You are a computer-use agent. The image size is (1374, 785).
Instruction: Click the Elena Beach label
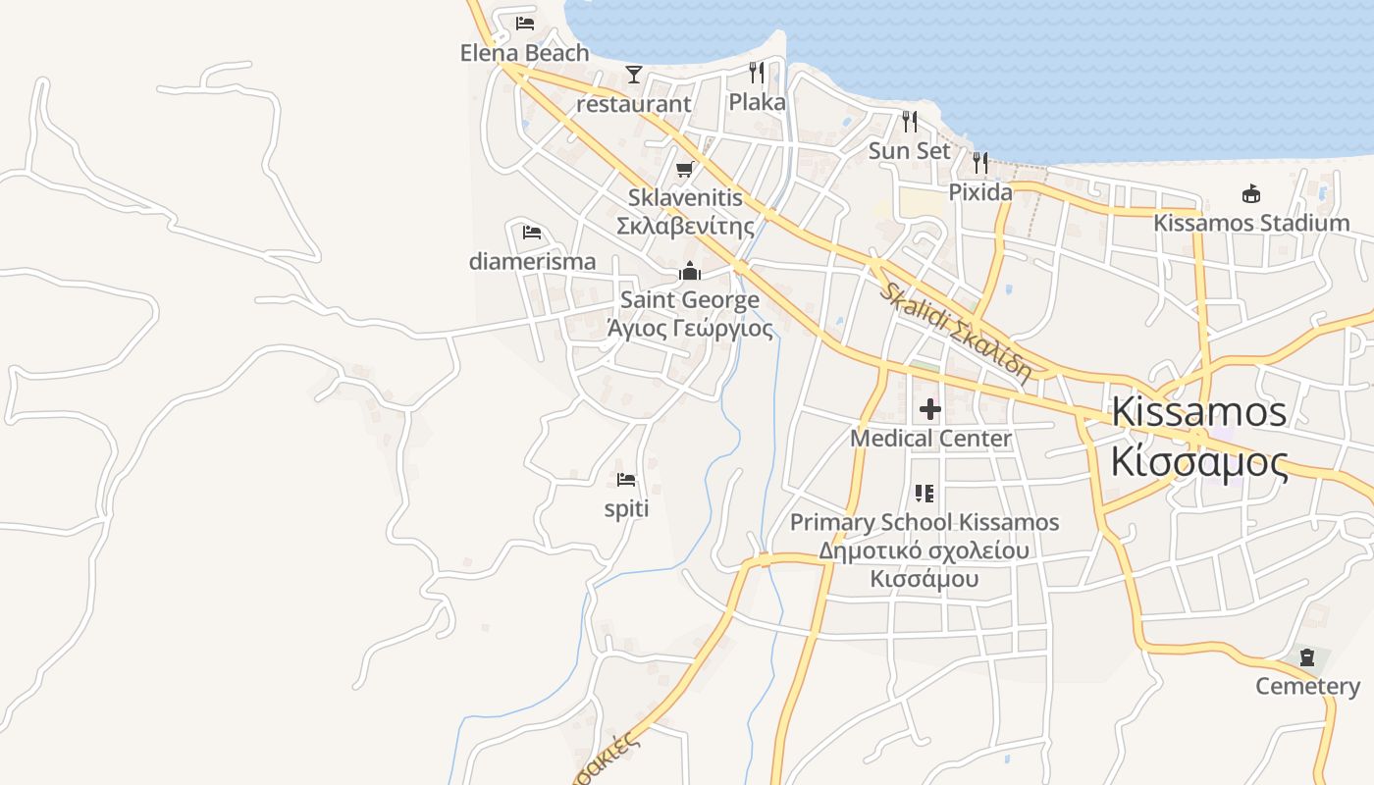click(x=524, y=53)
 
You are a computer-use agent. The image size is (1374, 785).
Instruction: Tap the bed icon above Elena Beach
click(x=525, y=23)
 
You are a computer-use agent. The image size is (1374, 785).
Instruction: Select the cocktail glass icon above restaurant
click(x=633, y=75)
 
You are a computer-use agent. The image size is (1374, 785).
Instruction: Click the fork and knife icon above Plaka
click(x=757, y=73)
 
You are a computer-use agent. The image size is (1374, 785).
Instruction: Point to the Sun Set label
click(x=910, y=151)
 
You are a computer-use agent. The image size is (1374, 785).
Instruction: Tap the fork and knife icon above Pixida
click(x=980, y=163)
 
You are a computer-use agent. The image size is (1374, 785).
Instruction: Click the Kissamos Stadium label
click(x=1251, y=223)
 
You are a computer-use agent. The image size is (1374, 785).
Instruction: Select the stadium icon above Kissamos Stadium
click(x=1251, y=193)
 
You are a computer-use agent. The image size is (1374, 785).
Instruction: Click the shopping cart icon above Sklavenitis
click(x=685, y=169)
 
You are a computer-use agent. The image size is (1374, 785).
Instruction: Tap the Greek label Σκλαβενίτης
click(x=685, y=227)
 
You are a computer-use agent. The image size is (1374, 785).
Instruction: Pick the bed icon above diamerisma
click(x=532, y=233)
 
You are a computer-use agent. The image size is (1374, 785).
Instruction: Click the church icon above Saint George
click(x=690, y=271)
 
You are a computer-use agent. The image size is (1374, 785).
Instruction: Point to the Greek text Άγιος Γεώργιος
click(x=690, y=329)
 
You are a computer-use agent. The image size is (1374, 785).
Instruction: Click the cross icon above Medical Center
click(x=930, y=408)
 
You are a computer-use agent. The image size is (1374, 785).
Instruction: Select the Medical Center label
click(x=930, y=439)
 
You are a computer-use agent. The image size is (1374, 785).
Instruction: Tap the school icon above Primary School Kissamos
click(x=924, y=493)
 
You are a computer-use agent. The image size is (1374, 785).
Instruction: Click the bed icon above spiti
click(x=626, y=480)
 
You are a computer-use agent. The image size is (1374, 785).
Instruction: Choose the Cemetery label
click(x=1307, y=686)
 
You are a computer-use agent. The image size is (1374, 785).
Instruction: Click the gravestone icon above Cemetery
click(x=1307, y=657)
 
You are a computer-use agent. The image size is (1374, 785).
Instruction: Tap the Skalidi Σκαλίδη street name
click(x=955, y=332)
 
